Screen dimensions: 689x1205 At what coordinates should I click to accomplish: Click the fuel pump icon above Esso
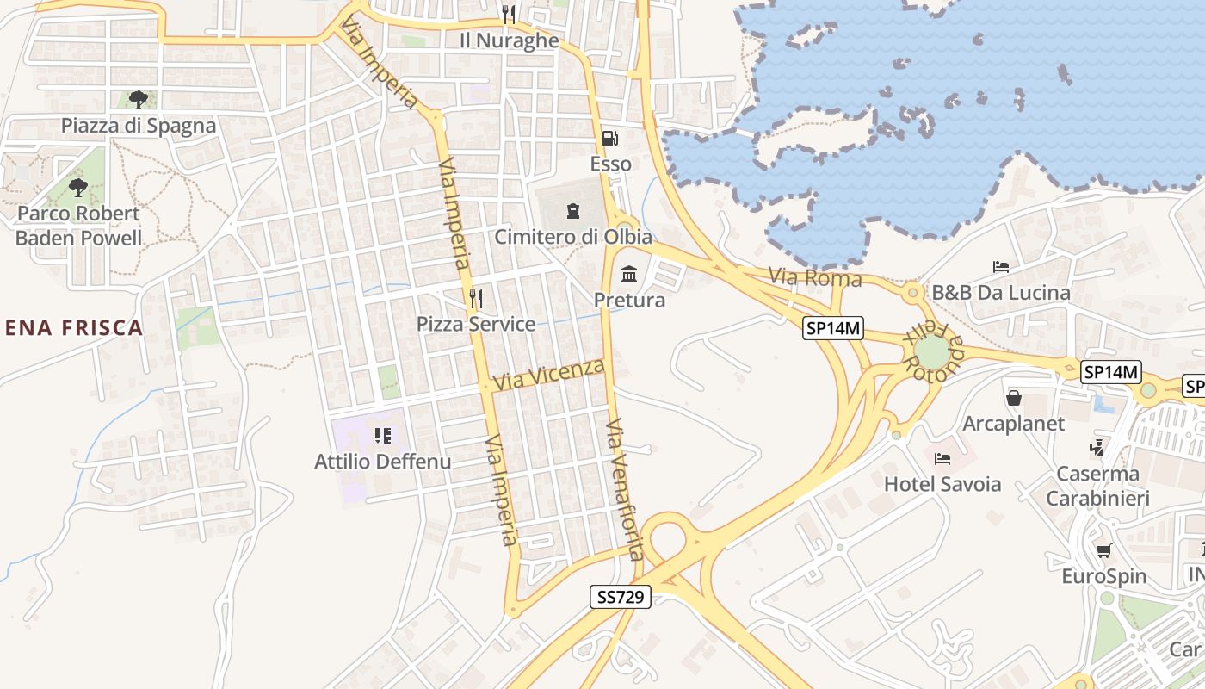click(x=609, y=138)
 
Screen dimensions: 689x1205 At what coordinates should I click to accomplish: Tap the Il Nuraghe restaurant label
click(x=509, y=40)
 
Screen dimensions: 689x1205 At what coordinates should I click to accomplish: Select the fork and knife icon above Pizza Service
click(x=475, y=298)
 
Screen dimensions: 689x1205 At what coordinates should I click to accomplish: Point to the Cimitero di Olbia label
click(x=572, y=236)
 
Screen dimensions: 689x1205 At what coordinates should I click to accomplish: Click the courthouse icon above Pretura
click(x=629, y=275)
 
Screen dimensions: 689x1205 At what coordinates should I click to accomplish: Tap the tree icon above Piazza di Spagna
click(x=138, y=100)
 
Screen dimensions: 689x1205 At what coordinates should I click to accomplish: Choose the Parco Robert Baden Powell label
click(x=78, y=226)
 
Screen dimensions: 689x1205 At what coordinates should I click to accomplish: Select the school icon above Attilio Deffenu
click(x=383, y=435)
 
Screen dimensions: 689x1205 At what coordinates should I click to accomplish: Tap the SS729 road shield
click(x=620, y=596)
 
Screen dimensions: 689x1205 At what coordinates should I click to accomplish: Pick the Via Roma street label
click(x=815, y=277)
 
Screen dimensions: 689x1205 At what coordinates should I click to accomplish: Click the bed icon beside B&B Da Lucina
click(x=1000, y=267)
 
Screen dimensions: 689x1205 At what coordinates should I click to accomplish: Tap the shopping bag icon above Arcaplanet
click(x=1014, y=398)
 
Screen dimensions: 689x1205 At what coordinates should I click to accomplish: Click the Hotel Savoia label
click(x=942, y=484)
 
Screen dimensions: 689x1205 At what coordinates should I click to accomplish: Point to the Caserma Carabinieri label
click(x=1097, y=486)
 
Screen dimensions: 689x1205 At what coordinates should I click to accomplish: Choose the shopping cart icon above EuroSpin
click(x=1103, y=550)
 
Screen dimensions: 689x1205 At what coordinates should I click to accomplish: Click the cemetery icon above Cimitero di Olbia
click(x=573, y=210)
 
